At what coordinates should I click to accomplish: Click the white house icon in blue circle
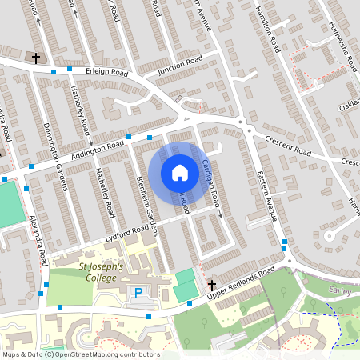click(x=180, y=173)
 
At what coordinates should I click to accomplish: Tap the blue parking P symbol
click(x=138, y=294)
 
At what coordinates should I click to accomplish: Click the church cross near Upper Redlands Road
click(x=212, y=285)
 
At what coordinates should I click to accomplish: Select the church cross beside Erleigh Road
click(x=35, y=58)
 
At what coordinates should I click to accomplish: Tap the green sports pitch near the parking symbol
click(x=186, y=286)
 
